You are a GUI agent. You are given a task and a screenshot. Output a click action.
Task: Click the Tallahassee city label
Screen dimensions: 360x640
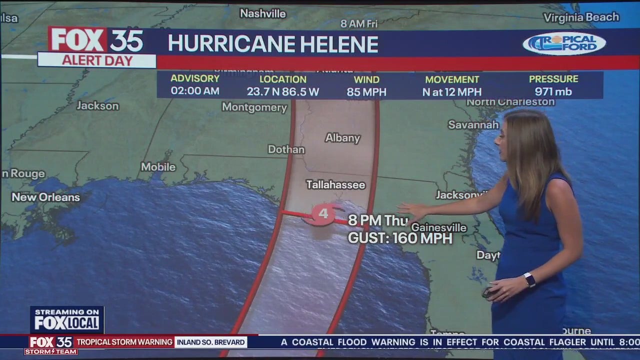[335, 185]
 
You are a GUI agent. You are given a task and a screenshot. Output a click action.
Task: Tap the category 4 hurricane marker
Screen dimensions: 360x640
[323, 214]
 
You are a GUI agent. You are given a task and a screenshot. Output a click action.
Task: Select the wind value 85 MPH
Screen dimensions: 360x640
[366, 92]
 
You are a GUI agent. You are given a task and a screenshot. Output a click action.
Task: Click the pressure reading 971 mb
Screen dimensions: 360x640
[553, 92]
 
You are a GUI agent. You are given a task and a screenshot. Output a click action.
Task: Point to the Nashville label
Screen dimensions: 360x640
[262, 13]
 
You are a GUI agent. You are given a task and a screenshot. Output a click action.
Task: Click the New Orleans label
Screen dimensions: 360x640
[45, 197]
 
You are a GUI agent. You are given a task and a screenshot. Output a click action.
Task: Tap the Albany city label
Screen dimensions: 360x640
[342, 138]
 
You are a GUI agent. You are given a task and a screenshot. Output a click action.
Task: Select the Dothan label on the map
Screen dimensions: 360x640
[286, 149]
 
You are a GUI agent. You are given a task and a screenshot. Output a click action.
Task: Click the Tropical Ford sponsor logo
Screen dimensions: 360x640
[564, 43]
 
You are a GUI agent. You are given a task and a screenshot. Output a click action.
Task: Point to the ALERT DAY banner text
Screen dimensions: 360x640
[97, 60]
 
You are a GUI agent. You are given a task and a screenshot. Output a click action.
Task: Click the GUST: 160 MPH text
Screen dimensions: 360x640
[400, 238]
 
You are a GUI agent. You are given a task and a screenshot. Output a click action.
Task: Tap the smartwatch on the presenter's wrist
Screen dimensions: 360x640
[529, 279]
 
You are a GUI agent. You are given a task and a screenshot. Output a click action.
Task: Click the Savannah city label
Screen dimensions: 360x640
[473, 124]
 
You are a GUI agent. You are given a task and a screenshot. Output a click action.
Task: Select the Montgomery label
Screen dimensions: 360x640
[254, 107]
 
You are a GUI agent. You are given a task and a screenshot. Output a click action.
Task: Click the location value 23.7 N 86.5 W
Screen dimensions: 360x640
[282, 92]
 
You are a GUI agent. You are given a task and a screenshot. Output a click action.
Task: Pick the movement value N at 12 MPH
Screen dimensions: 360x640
[452, 92]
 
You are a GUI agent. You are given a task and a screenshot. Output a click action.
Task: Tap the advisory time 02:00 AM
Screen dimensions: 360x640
[195, 91]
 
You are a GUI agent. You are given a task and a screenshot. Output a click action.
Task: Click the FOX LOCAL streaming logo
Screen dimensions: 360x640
[67, 319]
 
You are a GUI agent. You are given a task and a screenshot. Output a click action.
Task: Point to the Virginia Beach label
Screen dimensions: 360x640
[581, 17]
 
